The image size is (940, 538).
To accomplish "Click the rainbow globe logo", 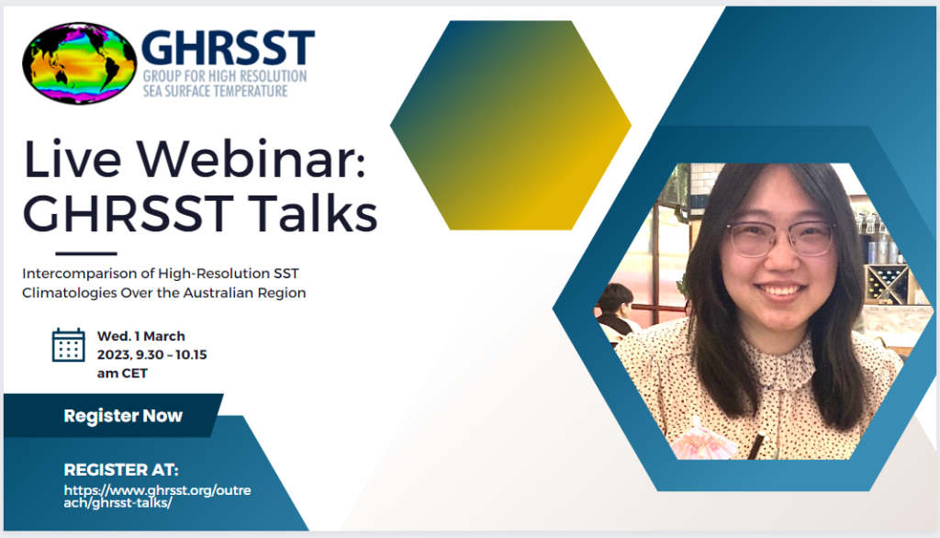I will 79,63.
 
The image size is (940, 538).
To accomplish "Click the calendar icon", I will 69,344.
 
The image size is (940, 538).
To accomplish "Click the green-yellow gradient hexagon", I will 510,125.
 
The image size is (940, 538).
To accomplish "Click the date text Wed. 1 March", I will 140,336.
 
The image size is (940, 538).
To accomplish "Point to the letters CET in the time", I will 135,373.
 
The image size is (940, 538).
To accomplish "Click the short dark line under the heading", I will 86,253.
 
